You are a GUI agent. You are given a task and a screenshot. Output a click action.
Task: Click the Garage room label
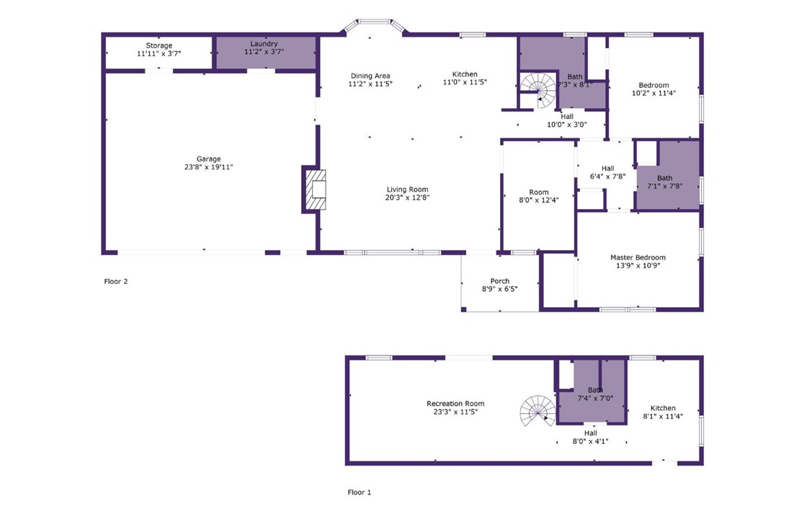(x=208, y=159)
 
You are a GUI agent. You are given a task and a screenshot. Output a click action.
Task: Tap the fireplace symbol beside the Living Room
(x=316, y=190)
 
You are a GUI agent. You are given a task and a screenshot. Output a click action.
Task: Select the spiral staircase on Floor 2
(x=538, y=90)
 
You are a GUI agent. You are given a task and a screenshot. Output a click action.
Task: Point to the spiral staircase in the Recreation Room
(x=537, y=411)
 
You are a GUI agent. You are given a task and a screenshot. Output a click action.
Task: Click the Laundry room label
(x=264, y=44)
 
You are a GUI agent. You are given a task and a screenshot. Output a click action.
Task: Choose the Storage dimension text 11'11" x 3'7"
(x=159, y=53)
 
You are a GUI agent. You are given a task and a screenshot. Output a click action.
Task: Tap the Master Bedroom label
(x=638, y=257)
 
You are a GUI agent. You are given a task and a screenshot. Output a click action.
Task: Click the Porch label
(x=500, y=281)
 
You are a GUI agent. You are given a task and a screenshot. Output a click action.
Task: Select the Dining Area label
(x=370, y=76)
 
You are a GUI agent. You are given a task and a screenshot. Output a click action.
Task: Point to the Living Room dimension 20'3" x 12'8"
(x=408, y=198)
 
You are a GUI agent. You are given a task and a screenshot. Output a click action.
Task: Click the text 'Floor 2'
(x=116, y=281)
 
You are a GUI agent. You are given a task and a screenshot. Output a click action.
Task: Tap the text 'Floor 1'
(x=359, y=492)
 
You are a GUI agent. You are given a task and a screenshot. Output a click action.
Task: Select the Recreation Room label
(x=455, y=403)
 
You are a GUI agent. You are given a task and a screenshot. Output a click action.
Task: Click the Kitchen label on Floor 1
(x=663, y=408)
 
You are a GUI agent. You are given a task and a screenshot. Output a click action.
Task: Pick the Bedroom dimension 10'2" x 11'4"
(x=653, y=93)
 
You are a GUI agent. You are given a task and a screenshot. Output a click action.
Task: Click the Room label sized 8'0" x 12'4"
(x=539, y=192)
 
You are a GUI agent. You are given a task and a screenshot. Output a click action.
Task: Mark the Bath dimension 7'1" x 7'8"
(x=665, y=186)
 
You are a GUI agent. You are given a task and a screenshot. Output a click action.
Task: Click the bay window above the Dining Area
(x=374, y=25)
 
